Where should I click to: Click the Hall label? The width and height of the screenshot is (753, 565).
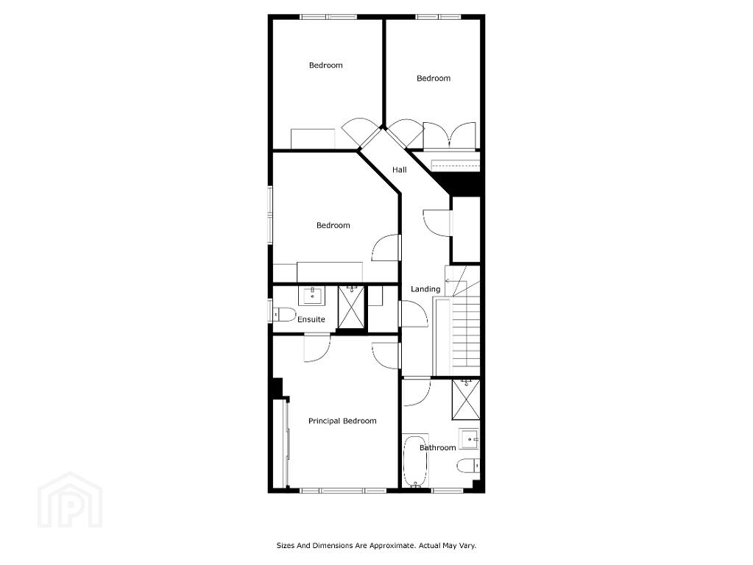coord(399,169)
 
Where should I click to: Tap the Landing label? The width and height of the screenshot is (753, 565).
coord(425,289)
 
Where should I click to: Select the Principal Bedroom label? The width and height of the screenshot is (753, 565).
coord(342,421)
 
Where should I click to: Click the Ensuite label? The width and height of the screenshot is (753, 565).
coord(311,319)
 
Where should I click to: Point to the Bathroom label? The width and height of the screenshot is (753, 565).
coord(437,448)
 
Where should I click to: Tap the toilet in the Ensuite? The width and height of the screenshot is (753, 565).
coord(284,314)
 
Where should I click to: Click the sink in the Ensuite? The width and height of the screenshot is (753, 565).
coord(311,295)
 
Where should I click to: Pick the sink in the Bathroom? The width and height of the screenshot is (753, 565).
coord(469,438)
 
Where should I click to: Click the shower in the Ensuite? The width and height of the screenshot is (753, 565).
coord(352,307)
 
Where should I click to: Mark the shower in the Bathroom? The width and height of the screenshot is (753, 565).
coord(466,400)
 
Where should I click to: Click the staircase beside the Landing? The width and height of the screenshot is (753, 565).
coord(456,321)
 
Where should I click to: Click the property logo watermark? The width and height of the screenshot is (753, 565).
coord(70,500)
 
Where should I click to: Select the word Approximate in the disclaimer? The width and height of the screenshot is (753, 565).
coord(392,546)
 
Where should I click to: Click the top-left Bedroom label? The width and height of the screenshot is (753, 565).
coord(325,65)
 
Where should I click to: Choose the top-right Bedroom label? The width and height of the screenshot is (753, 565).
coord(434,78)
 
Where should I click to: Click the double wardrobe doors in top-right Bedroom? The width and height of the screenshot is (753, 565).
coord(450,135)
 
